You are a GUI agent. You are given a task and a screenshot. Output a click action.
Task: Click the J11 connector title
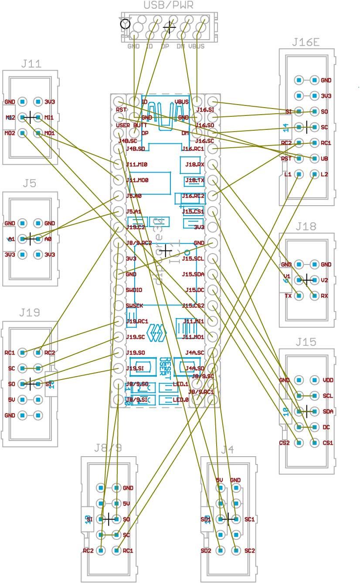point(31,64)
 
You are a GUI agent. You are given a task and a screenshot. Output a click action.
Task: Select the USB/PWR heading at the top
point(168,5)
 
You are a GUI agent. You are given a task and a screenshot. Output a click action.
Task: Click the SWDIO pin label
point(134,290)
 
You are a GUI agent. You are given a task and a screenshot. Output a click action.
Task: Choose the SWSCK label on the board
point(134,305)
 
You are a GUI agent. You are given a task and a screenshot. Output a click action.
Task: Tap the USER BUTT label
point(132,125)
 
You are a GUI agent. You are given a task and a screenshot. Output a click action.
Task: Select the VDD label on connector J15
point(328,380)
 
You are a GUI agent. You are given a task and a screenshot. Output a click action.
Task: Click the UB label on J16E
point(324,159)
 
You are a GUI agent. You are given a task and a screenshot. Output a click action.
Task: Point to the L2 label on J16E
point(324,174)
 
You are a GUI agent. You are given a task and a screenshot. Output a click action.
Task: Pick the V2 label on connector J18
point(324,280)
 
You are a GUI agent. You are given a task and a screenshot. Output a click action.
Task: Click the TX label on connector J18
point(288,296)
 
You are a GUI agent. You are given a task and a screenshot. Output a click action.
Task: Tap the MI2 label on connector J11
point(10,117)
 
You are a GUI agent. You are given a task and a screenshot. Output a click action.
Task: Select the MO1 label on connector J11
point(49,133)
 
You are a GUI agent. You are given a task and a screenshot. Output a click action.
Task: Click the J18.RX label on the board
point(195,165)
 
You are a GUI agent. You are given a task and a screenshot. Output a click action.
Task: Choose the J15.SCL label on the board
point(193,259)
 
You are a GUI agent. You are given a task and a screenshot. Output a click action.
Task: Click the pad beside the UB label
point(314,159)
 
